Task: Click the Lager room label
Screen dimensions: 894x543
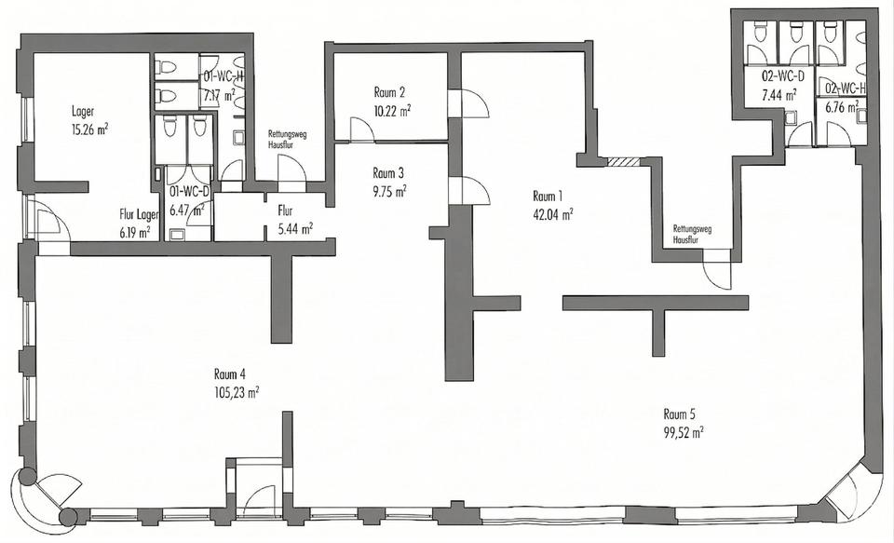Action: tap(83, 111)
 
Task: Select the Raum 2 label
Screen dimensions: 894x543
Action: tap(389, 92)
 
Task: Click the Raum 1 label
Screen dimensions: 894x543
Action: tap(548, 197)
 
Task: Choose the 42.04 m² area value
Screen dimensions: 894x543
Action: tap(552, 214)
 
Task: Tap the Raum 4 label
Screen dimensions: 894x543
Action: tap(230, 374)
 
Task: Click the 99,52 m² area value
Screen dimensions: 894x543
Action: tap(683, 432)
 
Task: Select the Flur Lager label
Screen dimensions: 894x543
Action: tap(139, 215)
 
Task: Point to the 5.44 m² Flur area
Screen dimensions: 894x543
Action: tap(295, 229)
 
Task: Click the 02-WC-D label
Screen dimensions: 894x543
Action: tap(783, 75)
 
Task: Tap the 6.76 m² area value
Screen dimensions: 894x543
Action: tap(842, 107)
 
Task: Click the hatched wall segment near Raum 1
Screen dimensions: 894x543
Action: tap(623, 162)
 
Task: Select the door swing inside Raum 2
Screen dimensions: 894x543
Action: tap(361, 129)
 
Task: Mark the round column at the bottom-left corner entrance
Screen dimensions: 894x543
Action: tap(26, 477)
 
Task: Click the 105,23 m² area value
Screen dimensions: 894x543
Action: tap(237, 392)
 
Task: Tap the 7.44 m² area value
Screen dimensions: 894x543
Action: tap(779, 95)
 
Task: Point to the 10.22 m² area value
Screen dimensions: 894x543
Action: tap(393, 110)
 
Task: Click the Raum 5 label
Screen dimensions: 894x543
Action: tap(679, 414)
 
